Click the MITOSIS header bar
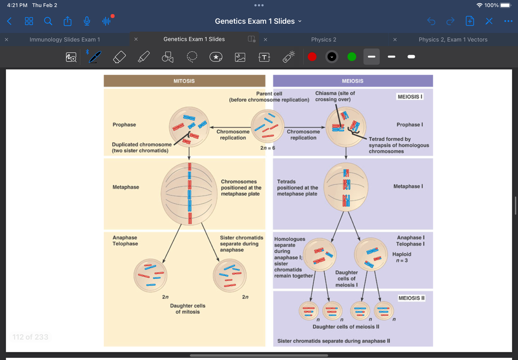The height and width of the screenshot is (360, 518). tap(184, 81)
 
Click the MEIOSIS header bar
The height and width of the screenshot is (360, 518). tap(352, 81)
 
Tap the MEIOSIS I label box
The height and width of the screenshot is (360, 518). tap(410, 96)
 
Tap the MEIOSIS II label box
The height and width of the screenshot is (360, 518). tap(411, 298)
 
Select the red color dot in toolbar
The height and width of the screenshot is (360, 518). tap(313, 57)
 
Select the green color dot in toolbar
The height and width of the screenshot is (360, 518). tap(352, 57)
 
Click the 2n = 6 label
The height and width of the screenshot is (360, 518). tap(268, 148)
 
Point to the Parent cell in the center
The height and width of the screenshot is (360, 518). tap(268, 125)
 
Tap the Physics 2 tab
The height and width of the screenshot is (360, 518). tap(323, 39)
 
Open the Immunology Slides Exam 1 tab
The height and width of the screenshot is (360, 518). tap(65, 39)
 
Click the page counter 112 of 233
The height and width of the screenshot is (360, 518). tap(30, 337)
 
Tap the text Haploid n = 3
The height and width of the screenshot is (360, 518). tap(401, 257)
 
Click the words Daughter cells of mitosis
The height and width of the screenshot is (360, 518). tap(187, 309)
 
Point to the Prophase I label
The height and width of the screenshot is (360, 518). tap(409, 125)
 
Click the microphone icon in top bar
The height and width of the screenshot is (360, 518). tap(87, 21)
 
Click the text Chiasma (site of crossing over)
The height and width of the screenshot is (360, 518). tap(335, 96)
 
